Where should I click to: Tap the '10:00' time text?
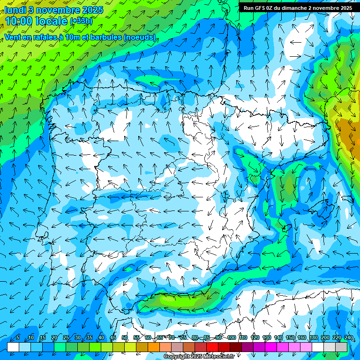[19, 21]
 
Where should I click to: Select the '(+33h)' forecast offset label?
[81, 21]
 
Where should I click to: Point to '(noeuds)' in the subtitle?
[140, 37]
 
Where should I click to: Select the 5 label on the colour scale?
[18, 338]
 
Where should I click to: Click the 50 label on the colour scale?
[124, 338]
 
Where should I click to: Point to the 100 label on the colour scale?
[232, 338]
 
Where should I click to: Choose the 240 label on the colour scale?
[348, 338]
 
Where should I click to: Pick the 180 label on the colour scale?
[313, 338]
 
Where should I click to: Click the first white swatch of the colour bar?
[13, 347]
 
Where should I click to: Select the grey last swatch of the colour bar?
[341, 347]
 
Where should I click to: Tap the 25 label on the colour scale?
[66, 338]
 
